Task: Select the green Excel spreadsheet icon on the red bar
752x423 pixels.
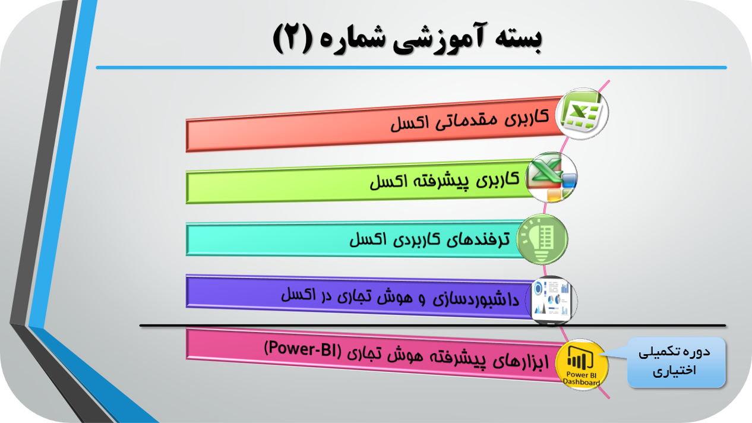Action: pos(582,113)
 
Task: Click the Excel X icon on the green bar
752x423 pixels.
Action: pos(551,177)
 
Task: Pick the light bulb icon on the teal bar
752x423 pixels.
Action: pos(542,239)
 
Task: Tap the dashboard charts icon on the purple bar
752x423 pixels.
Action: pos(551,301)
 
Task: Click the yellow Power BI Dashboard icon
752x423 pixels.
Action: pos(582,364)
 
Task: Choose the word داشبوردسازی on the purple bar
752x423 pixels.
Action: pos(476,299)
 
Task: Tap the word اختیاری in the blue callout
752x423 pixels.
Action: pos(674,370)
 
